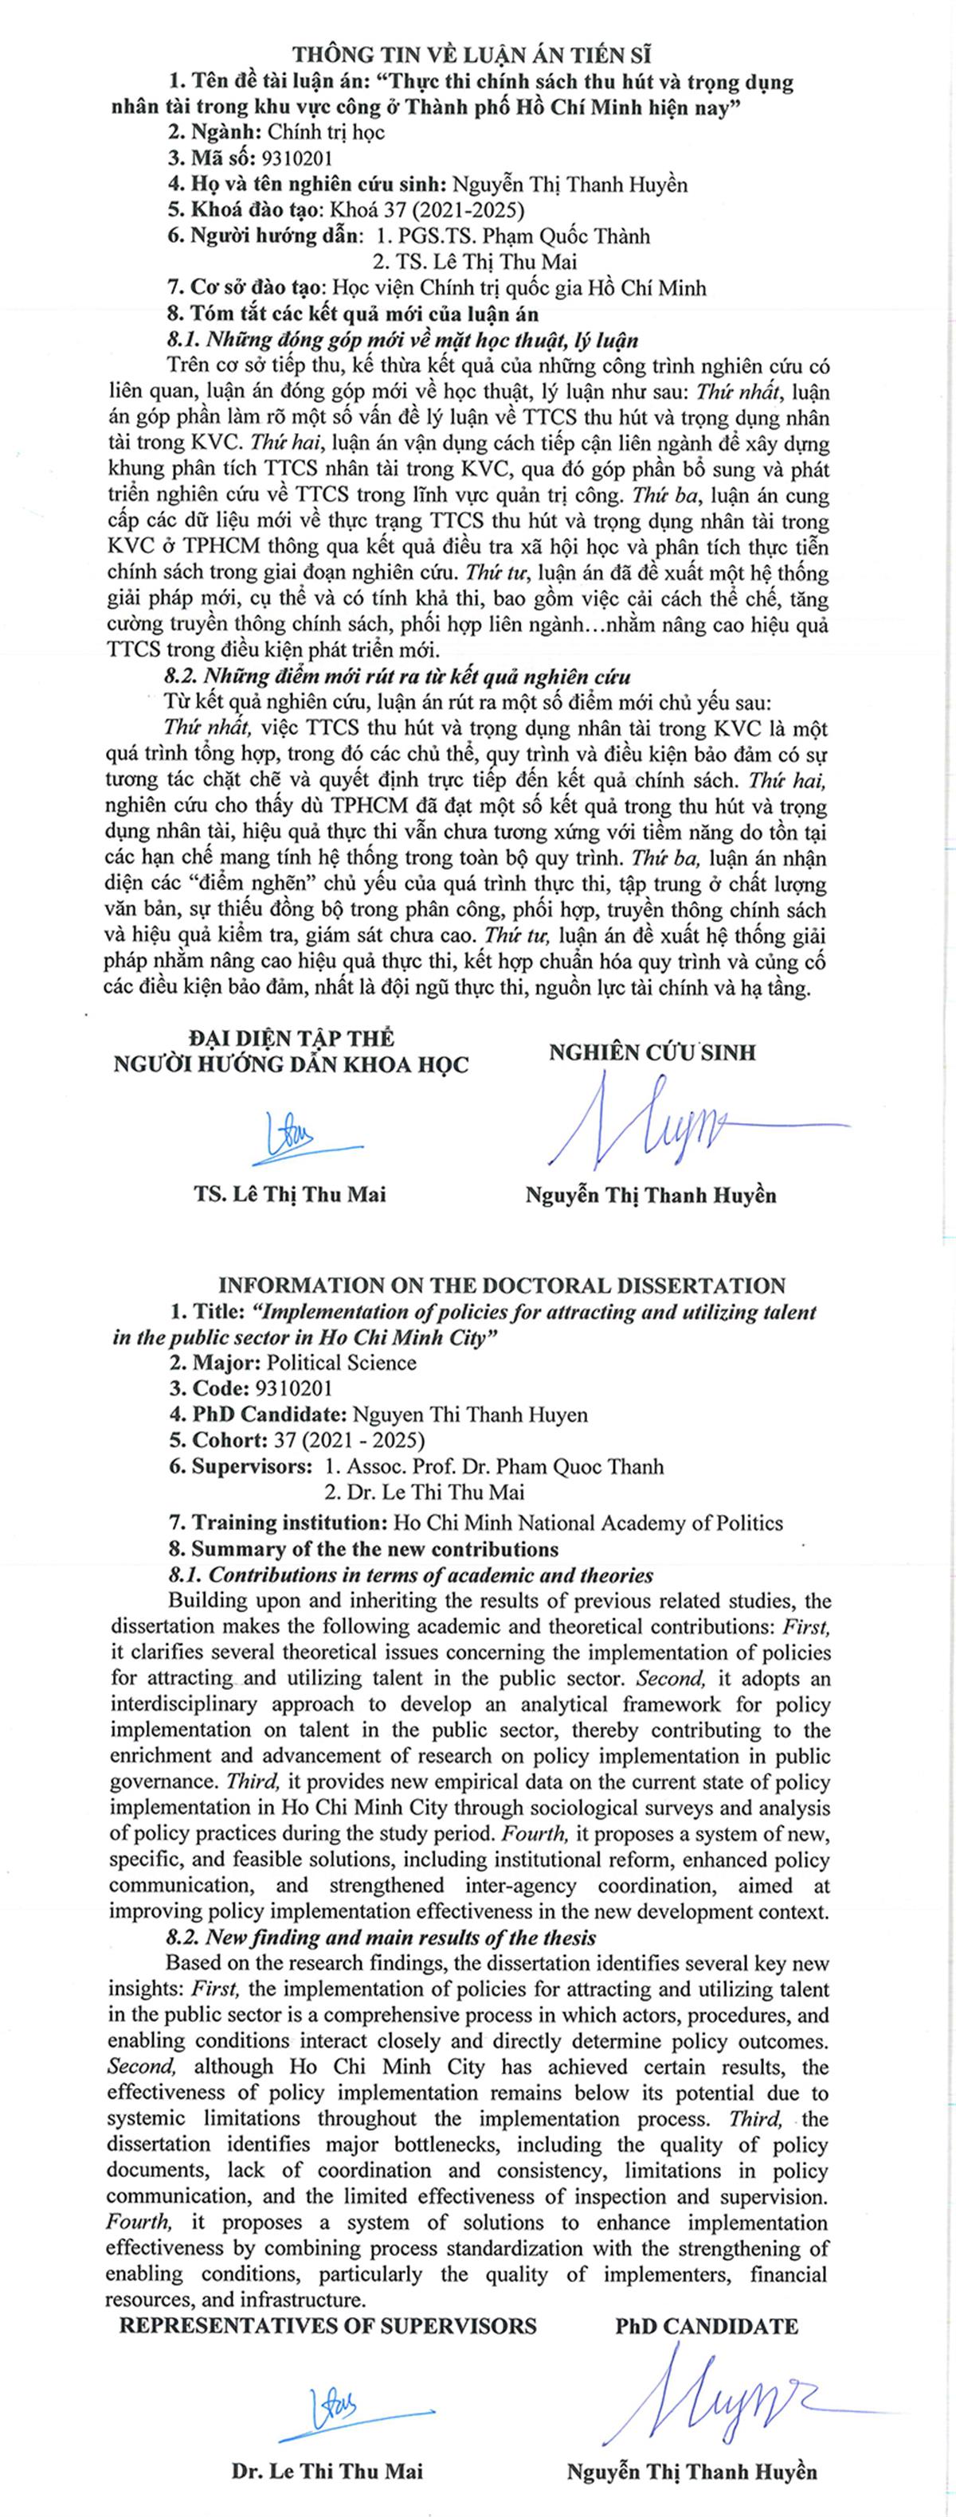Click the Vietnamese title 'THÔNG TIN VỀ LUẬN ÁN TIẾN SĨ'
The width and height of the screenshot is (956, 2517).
[479, 54]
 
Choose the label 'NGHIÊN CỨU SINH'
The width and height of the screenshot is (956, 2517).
[652, 1052]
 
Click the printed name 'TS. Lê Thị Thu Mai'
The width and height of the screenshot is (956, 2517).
[289, 1194]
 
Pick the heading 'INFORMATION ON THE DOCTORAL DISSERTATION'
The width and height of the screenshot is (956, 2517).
[501, 1286]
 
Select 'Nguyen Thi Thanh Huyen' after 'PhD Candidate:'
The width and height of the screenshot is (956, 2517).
[469, 1415]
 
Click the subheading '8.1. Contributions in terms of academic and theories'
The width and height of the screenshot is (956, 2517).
[410, 1575]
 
